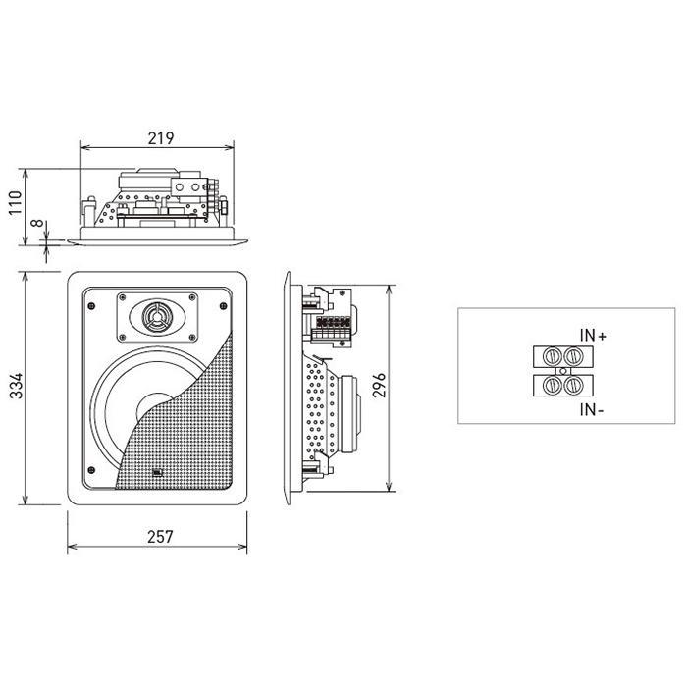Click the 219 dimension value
tap(161, 138)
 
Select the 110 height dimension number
tap(16, 202)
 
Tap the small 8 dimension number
tap(37, 223)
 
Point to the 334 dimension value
tap(17, 386)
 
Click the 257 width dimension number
tap(160, 537)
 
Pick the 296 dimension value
tap(379, 385)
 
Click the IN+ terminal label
tap(593, 336)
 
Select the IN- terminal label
tap(592, 410)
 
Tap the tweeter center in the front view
tap(156, 316)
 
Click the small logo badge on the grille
tap(157, 472)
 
